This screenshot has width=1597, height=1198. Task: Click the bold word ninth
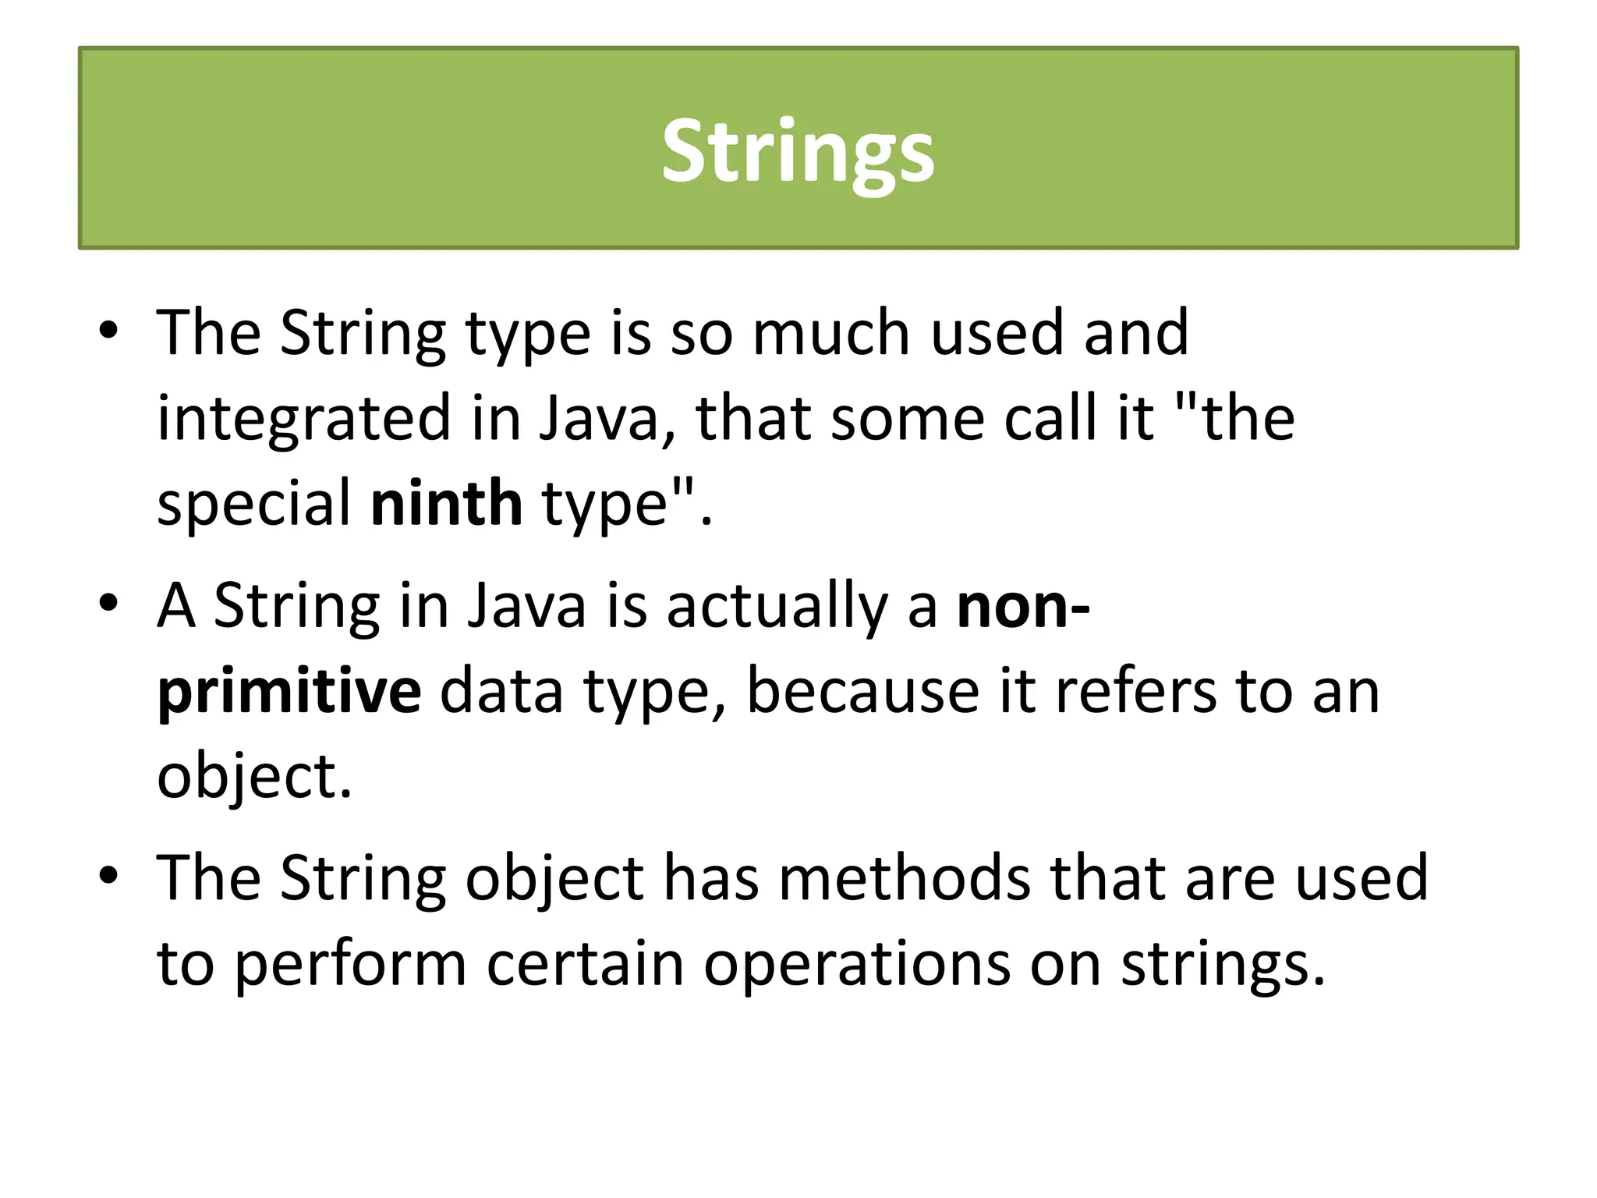pos(446,504)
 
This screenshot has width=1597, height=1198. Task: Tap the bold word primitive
pos(289,691)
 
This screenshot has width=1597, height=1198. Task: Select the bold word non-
pos(1023,606)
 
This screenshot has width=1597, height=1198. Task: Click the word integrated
pos(304,419)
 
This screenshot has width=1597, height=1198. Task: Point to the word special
pos(254,504)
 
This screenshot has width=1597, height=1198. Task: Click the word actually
pos(777,606)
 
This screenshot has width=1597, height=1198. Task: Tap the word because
pos(862,691)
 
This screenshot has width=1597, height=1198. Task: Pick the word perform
pos(350,964)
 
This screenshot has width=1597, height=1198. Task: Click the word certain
pos(585,964)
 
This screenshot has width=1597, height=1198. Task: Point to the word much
pos(831,333)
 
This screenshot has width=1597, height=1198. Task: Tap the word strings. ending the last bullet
pos(1223,964)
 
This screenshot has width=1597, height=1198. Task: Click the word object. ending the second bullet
pos(254,777)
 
